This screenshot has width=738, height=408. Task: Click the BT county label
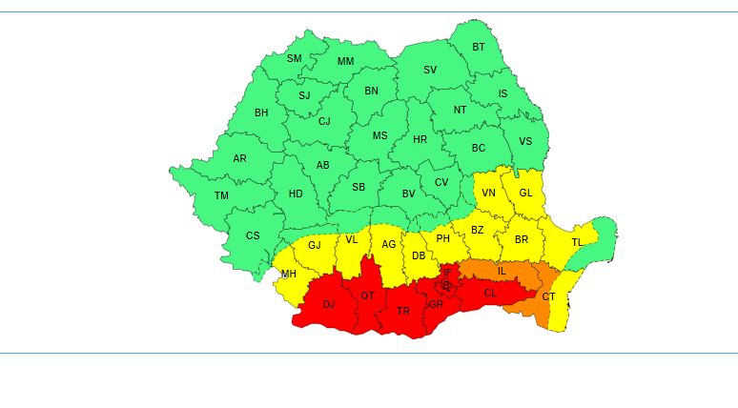coord(479,47)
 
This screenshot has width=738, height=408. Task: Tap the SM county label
coord(295,58)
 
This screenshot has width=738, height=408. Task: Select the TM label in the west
coord(221,195)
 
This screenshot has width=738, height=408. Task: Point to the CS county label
coord(253,235)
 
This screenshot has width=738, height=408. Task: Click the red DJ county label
coord(329,304)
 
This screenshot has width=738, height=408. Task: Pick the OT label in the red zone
coord(367,296)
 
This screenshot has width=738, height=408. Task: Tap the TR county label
coord(403,311)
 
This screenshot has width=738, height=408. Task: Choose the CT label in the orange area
coord(548,296)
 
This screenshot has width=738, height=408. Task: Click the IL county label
coord(502,271)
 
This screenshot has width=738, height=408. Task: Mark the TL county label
coord(576,242)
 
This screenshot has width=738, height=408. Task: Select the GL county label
coord(525,192)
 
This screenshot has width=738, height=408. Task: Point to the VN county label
coord(488,193)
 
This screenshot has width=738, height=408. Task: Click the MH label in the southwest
coord(288,275)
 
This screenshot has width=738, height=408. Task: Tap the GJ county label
coord(315,245)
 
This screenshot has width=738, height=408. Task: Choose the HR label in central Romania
coord(420,139)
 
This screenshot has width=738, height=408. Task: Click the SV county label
coord(430,70)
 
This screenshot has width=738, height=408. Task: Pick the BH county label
coord(261,112)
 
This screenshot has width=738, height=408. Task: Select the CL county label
coord(490,293)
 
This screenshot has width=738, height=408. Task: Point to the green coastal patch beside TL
coord(603,233)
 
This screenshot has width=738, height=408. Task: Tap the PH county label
coord(442,238)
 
